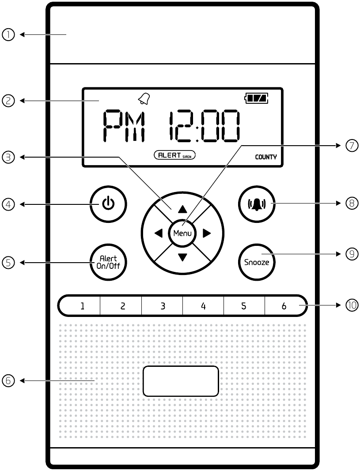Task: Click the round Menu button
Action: (182, 233)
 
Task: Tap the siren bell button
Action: (257, 204)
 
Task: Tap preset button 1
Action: (82, 305)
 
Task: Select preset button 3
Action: (163, 305)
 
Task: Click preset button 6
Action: (284, 305)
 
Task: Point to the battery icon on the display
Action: (257, 99)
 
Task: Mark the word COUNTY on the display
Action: (265, 157)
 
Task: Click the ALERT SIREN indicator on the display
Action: (174, 155)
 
